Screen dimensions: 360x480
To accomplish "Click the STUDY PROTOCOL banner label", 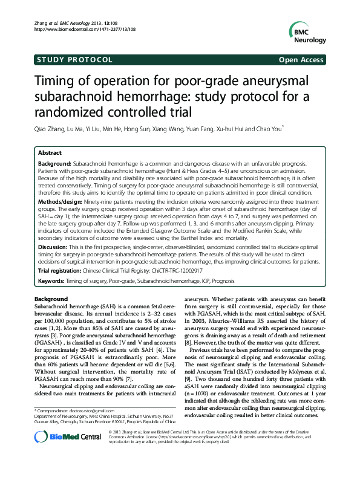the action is (74, 60).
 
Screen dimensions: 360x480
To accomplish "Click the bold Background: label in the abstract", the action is (55, 164).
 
